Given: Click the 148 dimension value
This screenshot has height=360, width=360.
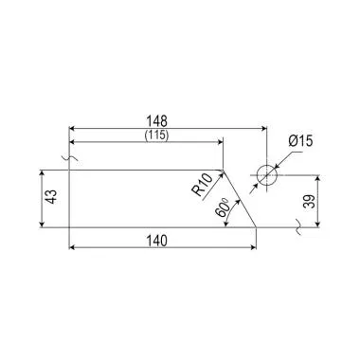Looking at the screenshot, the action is pyautogui.click(x=156, y=121).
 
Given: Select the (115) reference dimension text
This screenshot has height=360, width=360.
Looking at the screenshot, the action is pyautogui.click(x=156, y=135).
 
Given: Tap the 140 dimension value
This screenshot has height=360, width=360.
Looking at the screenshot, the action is pyautogui.click(x=156, y=241).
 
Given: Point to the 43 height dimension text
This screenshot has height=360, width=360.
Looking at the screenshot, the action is pyautogui.click(x=51, y=196).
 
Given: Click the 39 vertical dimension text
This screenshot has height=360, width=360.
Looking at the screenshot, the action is pyautogui.click(x=310, y=201).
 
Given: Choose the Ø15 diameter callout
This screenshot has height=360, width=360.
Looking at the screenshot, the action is pyautogui.click(x=300, y=141).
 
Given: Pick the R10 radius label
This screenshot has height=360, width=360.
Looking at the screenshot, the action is pyautogui.click(x=202, y=186).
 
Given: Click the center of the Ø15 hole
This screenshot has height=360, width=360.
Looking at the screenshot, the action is pyautogui.click(x=267, y=175).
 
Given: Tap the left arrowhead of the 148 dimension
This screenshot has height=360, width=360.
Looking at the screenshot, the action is pyautogui.click(x=71, y=128).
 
